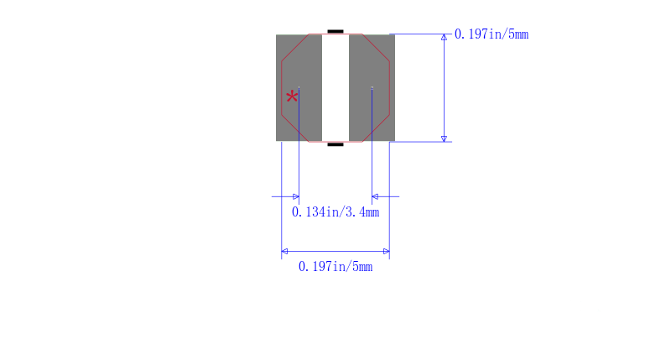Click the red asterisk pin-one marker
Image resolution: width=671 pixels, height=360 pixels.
pos(292,97)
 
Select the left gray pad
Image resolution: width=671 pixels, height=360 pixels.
pos(299,88)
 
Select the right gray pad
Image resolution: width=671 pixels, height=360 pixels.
pos(372,88)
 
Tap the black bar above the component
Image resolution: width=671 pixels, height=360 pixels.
pos(335,31)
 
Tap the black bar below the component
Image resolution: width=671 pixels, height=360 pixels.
pos(335,144)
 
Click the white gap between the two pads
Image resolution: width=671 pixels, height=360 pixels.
pos(335,88)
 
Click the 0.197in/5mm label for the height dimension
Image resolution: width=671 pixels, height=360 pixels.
pos(492,34)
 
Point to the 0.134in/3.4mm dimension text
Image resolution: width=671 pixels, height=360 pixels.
pos(335,212)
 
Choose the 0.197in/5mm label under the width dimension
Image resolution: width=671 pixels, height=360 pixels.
pos(335,267)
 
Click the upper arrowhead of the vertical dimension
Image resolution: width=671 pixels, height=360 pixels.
pos(445,37)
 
